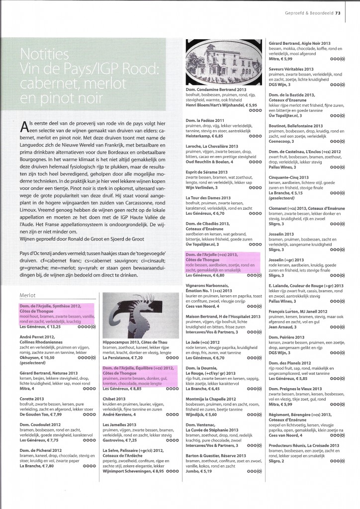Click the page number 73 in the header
pos(351,13)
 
